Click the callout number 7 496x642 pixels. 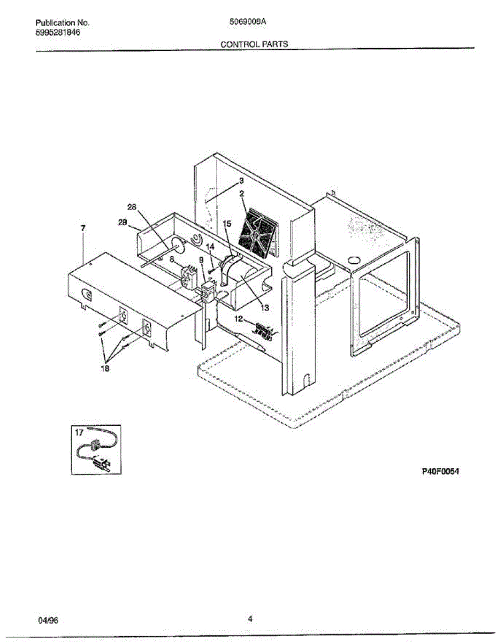click(83, 228)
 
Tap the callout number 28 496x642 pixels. click(132, 207)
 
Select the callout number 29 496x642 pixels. click(121, 225)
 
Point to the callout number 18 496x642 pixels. click(105, 369)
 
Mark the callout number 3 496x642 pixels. click(241, 180)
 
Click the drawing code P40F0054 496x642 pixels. click(439, 471)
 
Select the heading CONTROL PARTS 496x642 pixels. click(254, 44)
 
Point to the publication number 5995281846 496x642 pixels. click(59, 32)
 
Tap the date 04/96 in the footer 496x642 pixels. click(48, 621)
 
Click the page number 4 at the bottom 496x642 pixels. click(249, 620)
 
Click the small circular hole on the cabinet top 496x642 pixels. click(353, 261)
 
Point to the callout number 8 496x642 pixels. click(172, 258)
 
